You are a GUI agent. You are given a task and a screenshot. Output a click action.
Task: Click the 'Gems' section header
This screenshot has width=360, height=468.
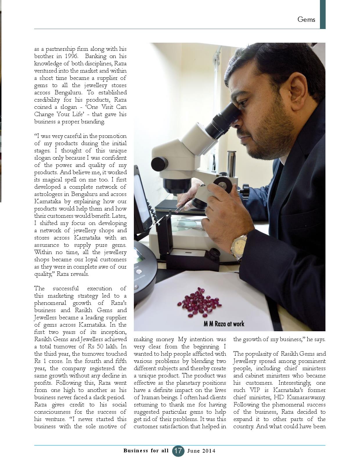click(306, 19)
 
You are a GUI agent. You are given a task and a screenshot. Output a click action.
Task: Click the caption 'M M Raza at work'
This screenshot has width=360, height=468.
click(224, 324)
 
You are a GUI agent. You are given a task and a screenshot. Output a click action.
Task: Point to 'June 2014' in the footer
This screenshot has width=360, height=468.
click(201, 451)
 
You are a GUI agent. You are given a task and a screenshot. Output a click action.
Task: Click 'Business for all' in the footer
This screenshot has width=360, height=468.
click(146, 451)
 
